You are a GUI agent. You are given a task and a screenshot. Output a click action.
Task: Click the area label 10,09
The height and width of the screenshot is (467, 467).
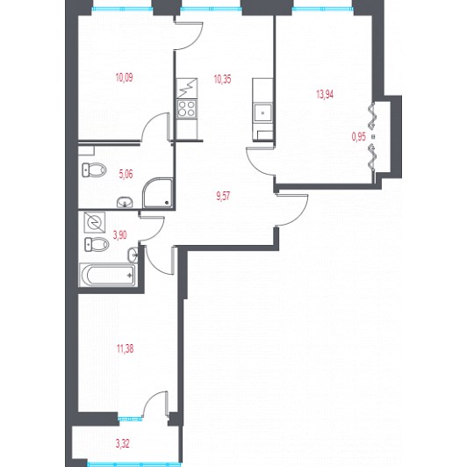coord(124,78)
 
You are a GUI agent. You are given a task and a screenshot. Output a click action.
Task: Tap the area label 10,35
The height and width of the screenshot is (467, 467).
coord(222,80)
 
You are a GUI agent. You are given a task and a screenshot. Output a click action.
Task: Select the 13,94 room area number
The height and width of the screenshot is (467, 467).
coord(325,95)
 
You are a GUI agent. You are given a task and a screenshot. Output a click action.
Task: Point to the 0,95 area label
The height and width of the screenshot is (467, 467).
coord(359,137)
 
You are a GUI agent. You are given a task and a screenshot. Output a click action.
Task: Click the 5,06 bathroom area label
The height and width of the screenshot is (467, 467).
coord(126,174)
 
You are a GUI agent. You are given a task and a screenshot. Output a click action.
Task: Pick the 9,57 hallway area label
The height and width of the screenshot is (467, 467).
coord(223,197)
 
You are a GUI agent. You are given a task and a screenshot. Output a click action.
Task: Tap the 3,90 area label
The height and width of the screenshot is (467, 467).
coord(119,235)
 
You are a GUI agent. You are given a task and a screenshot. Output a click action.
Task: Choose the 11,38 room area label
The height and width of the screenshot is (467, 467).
coord(125,348)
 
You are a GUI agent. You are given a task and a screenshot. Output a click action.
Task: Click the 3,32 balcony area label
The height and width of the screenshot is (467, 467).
coord(122,444)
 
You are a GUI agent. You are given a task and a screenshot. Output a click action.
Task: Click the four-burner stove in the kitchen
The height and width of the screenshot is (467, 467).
coord(187,109)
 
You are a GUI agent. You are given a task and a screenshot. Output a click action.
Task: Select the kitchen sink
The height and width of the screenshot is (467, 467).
coord(262,112)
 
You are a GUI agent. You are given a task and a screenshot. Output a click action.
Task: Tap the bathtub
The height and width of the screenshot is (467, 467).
coord(107,275)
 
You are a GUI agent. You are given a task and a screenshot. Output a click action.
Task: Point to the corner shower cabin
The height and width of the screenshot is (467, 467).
coord(158,193)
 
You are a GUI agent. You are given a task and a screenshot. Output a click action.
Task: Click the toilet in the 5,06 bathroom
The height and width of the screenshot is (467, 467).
coord(94,170)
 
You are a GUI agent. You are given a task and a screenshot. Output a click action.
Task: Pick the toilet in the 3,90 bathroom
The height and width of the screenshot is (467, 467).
coord(97,244)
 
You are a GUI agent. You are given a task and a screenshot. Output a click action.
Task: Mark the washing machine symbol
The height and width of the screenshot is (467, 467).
coord(95,222)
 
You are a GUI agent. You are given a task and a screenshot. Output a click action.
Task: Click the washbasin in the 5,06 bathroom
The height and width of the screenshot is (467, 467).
coord(125,203)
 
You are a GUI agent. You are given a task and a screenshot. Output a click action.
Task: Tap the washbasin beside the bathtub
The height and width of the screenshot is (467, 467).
coord(133,255)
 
